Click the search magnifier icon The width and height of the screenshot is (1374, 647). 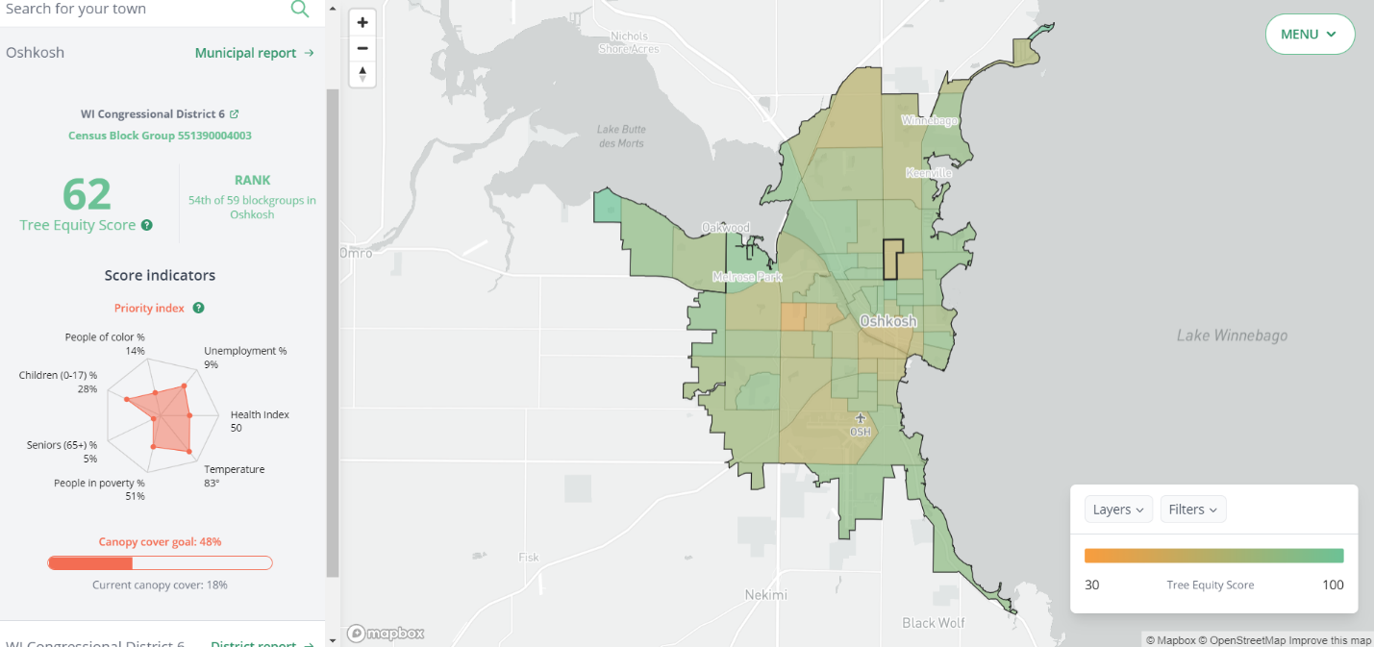point(300,9)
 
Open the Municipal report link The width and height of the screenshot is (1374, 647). point(254,53)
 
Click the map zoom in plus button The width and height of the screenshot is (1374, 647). point(362,23)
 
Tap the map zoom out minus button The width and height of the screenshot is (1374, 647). point(362,48)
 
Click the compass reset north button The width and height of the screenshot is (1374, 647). point(362,73)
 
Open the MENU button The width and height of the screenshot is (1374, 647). point(1309,35)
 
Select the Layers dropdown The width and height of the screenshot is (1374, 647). point(1118,510)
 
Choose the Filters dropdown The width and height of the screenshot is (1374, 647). point(1192,510)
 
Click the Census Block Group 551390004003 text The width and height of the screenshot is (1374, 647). point(160,136)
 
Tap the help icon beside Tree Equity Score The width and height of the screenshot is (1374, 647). point(147,225)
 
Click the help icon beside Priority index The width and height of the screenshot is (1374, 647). point(198,308)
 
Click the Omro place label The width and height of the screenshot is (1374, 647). point(356,253)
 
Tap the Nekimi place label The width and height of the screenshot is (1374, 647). point(766,595)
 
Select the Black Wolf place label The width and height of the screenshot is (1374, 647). point(934,622)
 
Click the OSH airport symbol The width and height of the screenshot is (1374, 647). point(861,417)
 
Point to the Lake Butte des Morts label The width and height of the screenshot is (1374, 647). point(621,137)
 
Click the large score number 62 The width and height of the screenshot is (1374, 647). point(87,195)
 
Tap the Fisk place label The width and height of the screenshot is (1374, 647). point(529,557)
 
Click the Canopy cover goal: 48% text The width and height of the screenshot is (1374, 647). point(160,542)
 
